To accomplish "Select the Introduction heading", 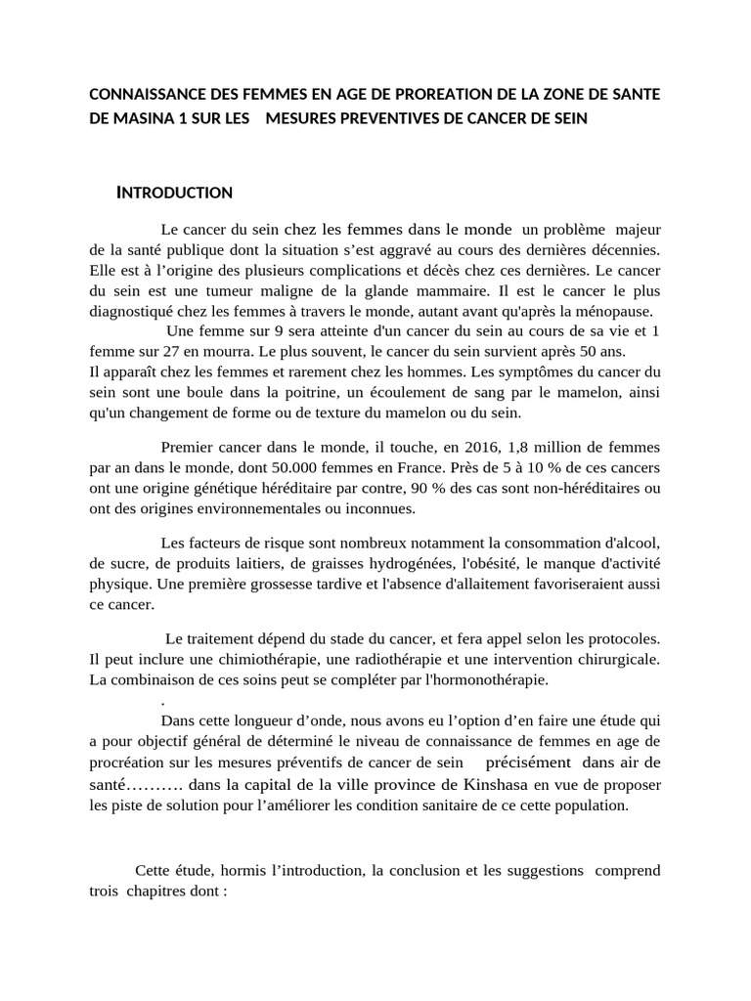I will (x=174, y=193).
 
